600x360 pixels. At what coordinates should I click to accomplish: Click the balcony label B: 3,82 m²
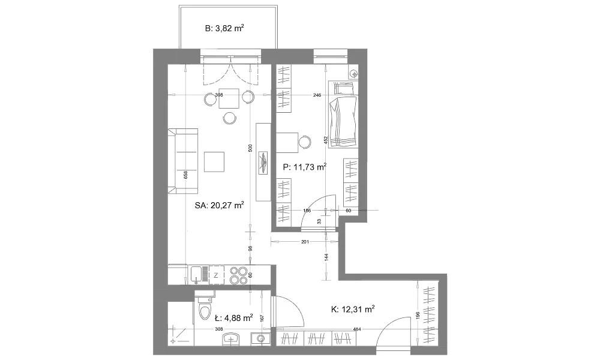tap(224, 28)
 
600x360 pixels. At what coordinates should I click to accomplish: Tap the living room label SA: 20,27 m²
tap(219, 205)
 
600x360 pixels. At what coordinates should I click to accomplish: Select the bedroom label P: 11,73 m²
tap(305, 167)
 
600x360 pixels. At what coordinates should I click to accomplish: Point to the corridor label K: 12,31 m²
tap(352, 309)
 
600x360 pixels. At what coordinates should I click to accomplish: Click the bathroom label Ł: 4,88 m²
tap(233, 317)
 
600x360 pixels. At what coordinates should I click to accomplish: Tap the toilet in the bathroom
tap(205, 308)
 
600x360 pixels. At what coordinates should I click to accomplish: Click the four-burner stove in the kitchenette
tap(239, 275)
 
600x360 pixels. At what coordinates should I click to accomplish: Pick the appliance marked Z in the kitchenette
tap(216, 275)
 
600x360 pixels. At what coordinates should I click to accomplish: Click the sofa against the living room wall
tap(183, 161)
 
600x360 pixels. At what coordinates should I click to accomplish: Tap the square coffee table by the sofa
tap(214, 162)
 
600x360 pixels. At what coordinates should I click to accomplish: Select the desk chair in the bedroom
tap(305, 142)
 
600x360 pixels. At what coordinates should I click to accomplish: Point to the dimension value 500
tap(250, 148)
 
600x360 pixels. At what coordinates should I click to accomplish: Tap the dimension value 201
tap(305, 241)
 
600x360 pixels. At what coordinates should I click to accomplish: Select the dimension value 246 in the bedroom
tap(317, 95)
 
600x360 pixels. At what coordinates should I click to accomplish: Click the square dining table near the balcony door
tap(229, 99)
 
